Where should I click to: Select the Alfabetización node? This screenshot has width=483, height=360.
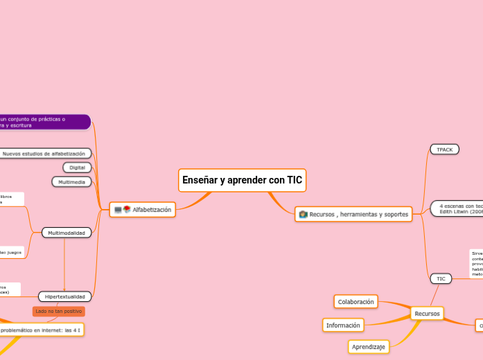(151, 209)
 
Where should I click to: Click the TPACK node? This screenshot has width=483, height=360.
(444, 150)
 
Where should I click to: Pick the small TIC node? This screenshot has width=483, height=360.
(440, 278)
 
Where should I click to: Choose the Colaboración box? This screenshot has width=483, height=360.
(355, 301)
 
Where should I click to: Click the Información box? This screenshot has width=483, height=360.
(343, 325)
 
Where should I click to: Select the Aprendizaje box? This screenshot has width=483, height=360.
(368, 346)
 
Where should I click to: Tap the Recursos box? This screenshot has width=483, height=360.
(427, 314)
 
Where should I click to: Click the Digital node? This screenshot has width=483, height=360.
(77, 168)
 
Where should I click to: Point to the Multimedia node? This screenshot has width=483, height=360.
(71, 181)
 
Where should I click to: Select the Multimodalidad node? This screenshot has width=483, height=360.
(66, 233)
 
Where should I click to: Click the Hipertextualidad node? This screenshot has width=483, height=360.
(64, 296)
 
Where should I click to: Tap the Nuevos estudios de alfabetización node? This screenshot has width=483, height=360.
(44, 153)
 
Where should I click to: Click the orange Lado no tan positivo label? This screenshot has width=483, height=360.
(59, 312)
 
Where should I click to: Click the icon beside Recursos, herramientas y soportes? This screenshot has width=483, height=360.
(303, 215)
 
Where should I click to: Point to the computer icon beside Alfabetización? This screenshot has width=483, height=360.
(118, 209)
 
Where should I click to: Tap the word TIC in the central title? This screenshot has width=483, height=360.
(295, 180)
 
